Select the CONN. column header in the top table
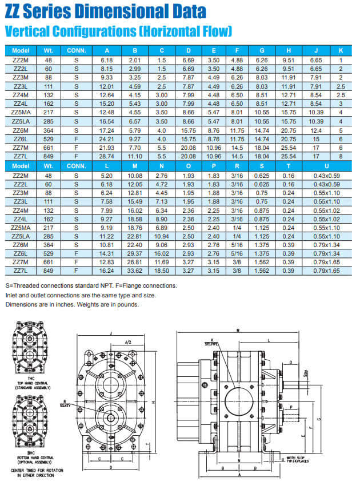tap(76, 51)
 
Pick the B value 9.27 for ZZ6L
tap(135, 139)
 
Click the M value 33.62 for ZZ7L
tap(134, 271)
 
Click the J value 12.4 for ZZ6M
tap(315, 131)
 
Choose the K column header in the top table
tap(341, 51)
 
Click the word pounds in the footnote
tap(126, 304)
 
